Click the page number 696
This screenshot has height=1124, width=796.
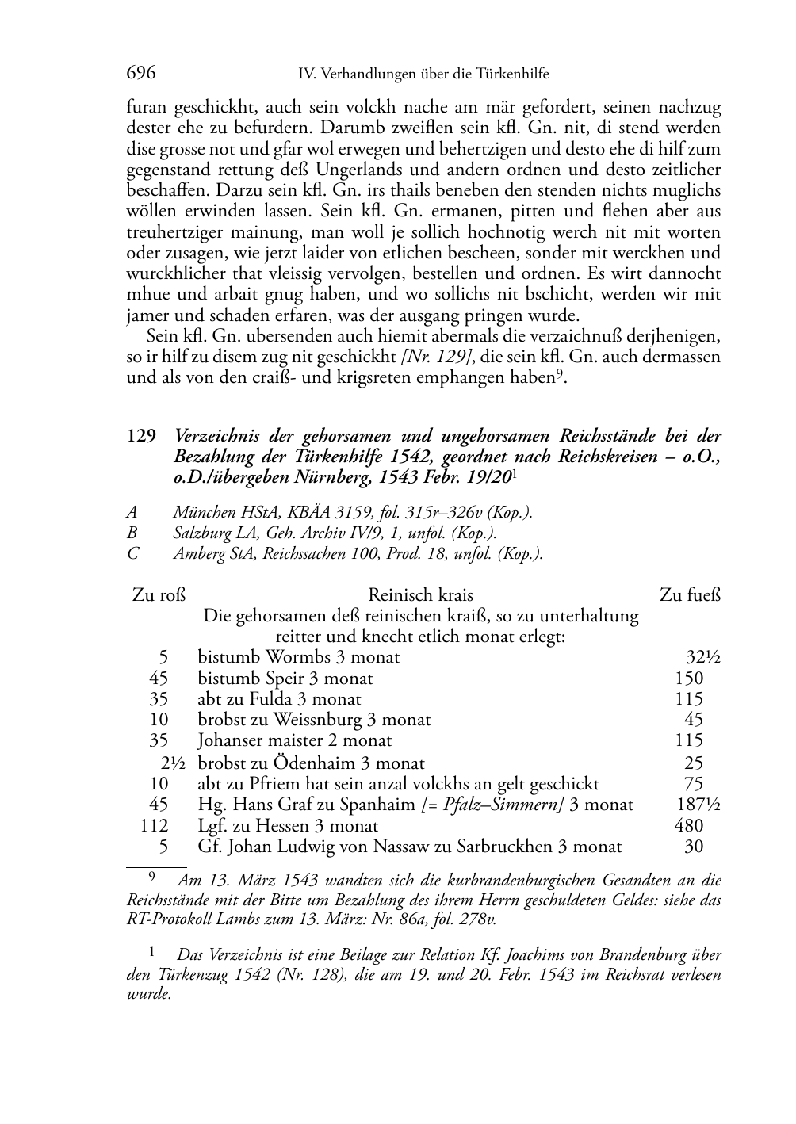(141, 74)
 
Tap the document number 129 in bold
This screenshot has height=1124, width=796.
(140, 437)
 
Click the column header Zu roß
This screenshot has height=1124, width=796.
(159, 595)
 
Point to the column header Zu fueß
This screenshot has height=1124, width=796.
(690, 595)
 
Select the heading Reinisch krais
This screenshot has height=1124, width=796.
(420, 595)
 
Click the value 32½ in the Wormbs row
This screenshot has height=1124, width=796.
(702, 657)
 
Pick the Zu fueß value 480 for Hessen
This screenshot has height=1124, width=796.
(688, 825)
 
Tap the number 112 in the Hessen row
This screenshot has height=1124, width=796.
(155, 825)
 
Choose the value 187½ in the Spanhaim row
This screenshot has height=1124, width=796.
(698, 805)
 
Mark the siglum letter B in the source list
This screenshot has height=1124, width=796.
(132, 533)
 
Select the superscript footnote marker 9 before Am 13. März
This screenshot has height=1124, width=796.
(151, 876)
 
